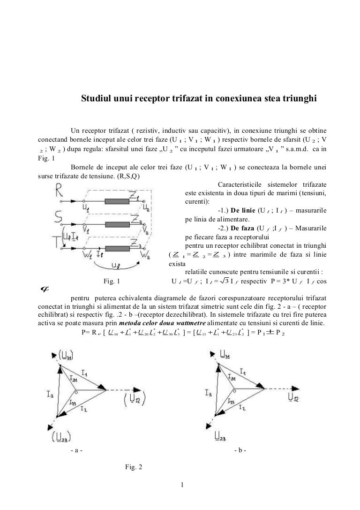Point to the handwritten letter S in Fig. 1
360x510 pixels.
59,217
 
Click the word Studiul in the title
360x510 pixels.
97,99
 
